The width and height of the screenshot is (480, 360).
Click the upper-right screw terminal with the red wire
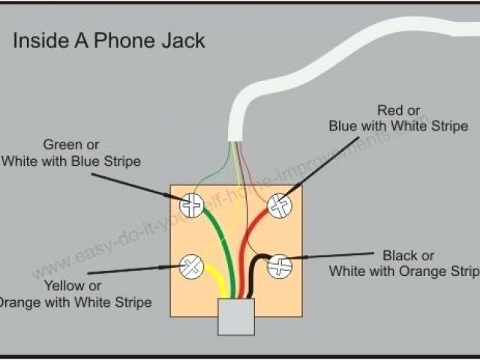279,205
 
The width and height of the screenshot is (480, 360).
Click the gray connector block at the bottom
235,316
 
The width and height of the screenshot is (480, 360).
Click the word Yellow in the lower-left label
63,286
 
